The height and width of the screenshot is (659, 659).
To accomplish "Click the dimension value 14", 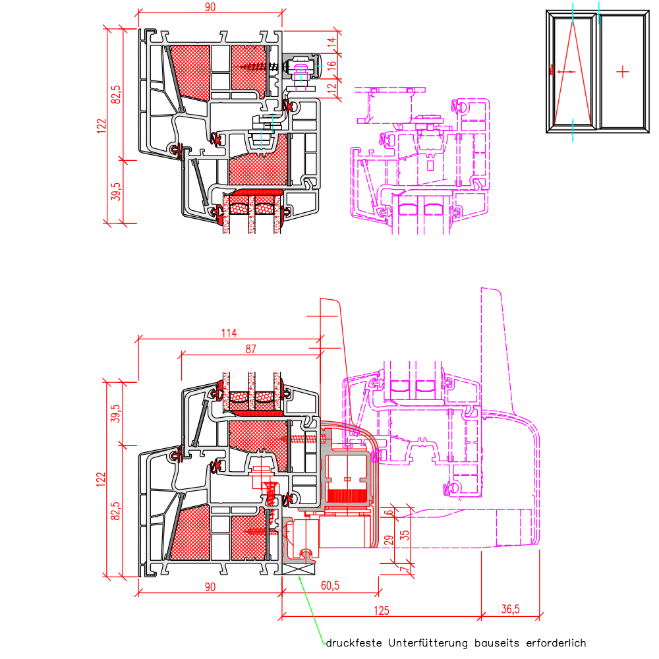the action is point(332,42).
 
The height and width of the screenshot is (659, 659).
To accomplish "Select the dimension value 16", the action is point(332,66).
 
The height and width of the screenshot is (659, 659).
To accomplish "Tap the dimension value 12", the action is point(332,89).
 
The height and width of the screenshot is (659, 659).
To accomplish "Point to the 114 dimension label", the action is point(229,333).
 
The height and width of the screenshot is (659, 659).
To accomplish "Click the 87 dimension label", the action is point(251,349).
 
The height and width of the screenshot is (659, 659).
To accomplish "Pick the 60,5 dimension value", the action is point(330,585).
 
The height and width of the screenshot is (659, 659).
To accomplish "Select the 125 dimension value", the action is point(381,611).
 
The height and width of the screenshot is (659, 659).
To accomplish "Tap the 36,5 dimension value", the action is point(511,609).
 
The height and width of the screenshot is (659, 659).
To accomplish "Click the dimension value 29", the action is point(389,540).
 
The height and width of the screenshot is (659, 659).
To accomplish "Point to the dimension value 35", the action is point(405,535).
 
